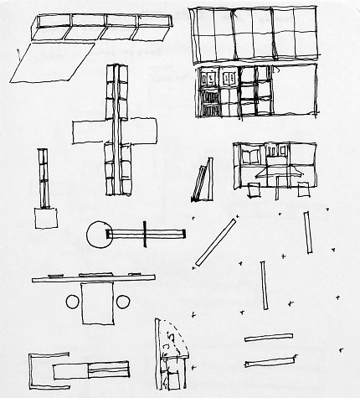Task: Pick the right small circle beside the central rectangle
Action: (122, 302)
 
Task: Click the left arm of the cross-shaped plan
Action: (89, 131)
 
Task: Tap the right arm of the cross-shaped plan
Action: (143, 131)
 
